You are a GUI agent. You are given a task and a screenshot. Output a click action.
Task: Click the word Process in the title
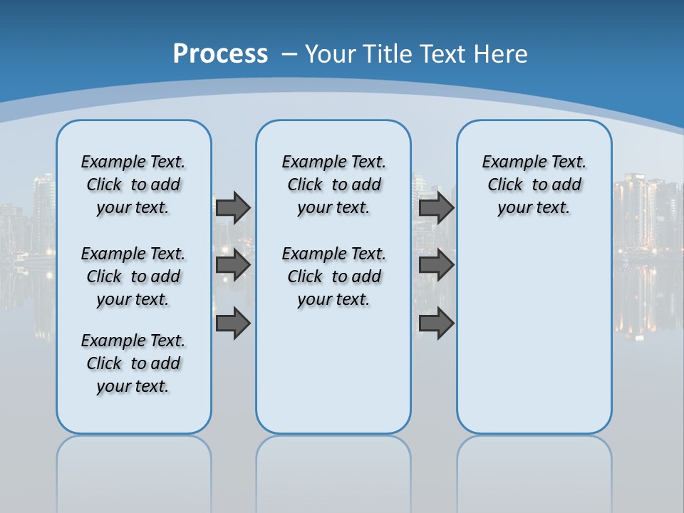220,54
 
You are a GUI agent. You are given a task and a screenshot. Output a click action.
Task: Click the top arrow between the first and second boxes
233,207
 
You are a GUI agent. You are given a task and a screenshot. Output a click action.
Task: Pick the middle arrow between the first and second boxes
233,265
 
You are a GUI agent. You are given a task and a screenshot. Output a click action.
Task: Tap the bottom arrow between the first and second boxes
233,323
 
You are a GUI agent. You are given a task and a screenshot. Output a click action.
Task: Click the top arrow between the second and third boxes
436,207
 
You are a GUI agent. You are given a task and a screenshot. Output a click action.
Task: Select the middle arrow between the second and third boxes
436,265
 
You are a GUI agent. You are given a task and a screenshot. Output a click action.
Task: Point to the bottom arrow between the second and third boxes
436,323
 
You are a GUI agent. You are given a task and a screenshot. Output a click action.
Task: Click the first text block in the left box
133,185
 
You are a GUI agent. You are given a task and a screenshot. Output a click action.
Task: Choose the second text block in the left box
133,276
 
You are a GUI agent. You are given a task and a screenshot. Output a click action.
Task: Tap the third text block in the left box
133,363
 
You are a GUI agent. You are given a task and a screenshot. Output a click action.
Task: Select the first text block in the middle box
333,185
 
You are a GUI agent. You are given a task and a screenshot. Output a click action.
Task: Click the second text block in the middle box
333,276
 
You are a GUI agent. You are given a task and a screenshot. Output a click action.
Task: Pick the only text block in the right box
534,185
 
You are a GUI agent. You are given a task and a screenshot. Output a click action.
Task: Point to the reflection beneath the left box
134,463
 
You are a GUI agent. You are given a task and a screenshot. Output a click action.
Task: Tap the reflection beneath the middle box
333,463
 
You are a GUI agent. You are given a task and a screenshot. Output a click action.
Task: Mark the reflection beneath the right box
534,463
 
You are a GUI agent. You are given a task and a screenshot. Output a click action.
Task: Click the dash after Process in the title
289,54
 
